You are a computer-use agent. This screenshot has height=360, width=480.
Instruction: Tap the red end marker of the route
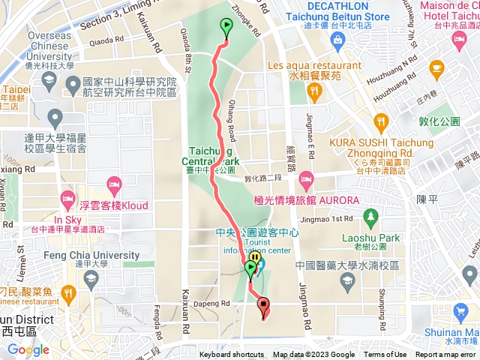tap(263, 305)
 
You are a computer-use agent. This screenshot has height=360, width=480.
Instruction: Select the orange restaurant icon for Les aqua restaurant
tap(313, 91)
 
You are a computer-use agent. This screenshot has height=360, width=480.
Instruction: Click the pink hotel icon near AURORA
tap(306, 179)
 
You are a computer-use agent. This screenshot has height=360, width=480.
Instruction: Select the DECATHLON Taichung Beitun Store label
tap(327, 13)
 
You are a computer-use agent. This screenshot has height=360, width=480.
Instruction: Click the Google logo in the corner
tap(28, 349)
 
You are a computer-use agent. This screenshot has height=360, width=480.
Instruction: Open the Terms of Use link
tap(385, 355)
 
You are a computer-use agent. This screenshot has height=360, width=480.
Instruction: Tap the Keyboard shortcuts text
tap(232, 355)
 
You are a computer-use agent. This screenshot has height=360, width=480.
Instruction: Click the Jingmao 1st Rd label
tap(328, 219)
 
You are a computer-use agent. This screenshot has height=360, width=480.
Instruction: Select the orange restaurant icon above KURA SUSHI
tap(382, 121)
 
